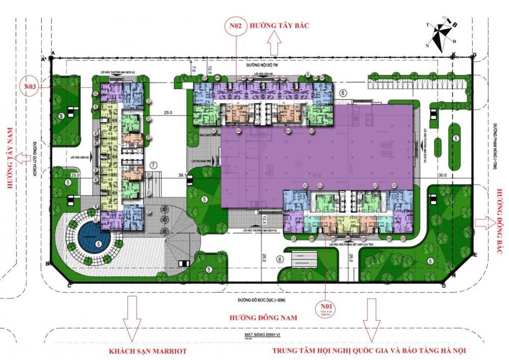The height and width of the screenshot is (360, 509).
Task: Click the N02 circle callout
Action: [x=236, y=26]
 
